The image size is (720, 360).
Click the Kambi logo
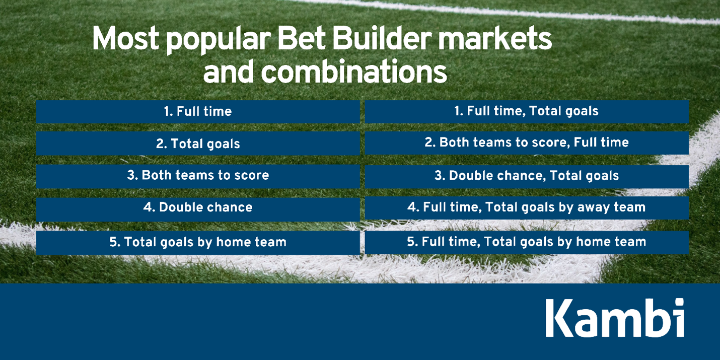(614, 318)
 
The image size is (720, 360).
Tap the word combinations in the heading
(353, 72)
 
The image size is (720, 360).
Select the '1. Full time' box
(197, 111)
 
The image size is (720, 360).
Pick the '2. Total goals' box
(197, 143)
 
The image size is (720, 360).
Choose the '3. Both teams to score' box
(197, 175)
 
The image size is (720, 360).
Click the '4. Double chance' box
(197, 207)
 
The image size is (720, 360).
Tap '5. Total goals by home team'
(197, 242)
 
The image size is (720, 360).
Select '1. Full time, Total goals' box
(526, 111)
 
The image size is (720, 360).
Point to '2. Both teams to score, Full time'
(526, 142)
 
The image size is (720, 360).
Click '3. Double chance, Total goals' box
(526, 176)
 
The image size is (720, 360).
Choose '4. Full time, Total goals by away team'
(526, 207)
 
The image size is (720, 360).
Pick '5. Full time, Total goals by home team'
(526, 242)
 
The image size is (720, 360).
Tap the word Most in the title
(125, 39)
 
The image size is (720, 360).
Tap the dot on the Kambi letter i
(679, 303)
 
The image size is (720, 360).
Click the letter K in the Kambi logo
(559, 318)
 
